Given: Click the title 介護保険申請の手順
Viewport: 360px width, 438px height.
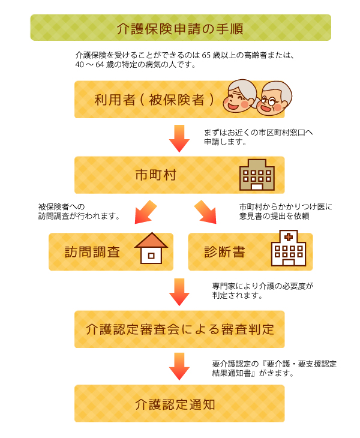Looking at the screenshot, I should pos(180,28).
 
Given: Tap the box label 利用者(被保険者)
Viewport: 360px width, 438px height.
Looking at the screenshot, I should pos(155,100).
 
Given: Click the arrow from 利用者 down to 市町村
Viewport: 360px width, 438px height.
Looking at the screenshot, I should pos(179,138).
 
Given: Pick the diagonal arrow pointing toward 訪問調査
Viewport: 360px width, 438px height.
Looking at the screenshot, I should pos(143,213).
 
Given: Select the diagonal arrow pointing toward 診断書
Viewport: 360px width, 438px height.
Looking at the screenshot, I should pos(205,213).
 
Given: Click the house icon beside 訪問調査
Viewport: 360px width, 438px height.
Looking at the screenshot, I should pos(151,248).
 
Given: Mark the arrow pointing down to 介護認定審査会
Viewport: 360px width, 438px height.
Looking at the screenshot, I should pos(179,292).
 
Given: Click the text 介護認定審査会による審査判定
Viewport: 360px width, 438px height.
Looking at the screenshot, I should pos(179,329).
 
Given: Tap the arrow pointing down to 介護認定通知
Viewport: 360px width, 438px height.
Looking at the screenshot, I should pos(179,366).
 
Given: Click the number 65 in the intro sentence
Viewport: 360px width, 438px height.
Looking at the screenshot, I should pos(206,55).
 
